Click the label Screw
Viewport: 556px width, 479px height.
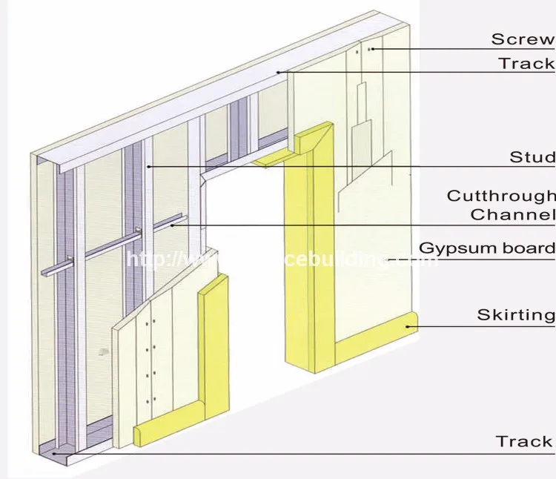523,39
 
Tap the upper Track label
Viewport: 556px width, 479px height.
526,63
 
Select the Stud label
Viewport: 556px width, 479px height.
532,157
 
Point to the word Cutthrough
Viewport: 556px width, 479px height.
500,196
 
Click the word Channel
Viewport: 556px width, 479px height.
512,215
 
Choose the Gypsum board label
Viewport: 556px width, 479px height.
487,248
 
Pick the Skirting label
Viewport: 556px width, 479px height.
515,314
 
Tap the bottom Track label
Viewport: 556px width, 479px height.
524,441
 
